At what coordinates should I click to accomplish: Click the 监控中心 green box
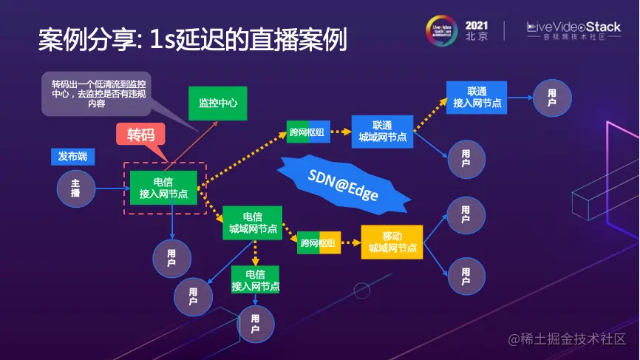pos(217,103)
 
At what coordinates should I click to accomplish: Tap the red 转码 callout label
pos(140,135)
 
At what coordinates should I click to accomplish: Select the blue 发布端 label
pos(72,157)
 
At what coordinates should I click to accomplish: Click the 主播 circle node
pos(75,188)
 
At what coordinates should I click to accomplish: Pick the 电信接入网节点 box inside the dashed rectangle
pos(163,188)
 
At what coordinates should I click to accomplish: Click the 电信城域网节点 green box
pos(253,223)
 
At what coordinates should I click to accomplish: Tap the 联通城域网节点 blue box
pos(382,131)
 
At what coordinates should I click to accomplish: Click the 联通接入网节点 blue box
pos(477,97)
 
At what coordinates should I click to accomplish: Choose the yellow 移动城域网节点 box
pos(392,242)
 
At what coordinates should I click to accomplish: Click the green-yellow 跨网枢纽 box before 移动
pos(319,242)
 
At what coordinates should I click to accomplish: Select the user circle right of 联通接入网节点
pos(551,98)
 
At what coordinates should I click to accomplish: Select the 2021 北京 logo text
pos(477,30)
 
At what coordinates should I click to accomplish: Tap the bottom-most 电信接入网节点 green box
pos(256,280)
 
